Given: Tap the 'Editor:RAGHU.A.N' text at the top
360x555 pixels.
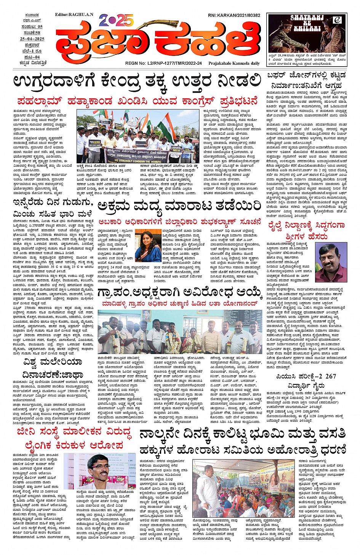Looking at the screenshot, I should point(74,14).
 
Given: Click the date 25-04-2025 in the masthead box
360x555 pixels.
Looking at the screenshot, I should point(32,39).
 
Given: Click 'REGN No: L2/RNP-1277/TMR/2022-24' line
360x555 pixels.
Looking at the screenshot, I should point(163,63).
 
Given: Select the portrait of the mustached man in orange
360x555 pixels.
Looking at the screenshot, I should point(331,263).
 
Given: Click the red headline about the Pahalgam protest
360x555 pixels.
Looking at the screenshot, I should point(137,102).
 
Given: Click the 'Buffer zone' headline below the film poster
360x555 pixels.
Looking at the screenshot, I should point(306,80).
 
